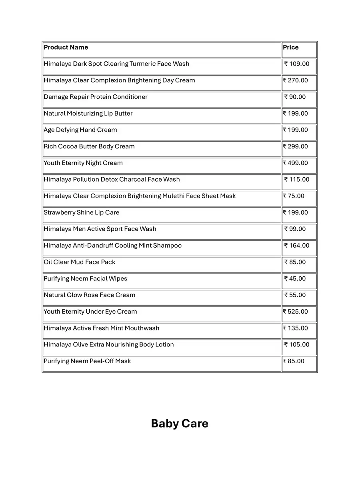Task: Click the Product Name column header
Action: [66, 48]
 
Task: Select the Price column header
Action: [291, 48]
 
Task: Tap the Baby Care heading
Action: [180, 424]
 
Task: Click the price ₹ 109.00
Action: [297, 64]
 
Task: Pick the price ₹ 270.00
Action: [296, 80]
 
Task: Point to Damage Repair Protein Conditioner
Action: [96, 97]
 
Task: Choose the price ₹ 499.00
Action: [296, 163]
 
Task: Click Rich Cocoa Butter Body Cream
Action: [89, 146]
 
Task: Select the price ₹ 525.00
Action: [296, 312]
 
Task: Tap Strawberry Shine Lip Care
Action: [82, 212]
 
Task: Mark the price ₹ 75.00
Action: [294, 196]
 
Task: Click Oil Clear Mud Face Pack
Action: [80, 262]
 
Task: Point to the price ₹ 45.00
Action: [295, 278]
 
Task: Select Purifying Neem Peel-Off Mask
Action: [87, 361]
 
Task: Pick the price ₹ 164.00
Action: [297, 246]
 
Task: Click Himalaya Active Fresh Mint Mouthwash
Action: [102, 328]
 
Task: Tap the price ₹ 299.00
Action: [296, 146]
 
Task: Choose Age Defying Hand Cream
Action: [80, 130]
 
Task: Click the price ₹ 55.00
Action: [295, 295]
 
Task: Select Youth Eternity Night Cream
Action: [83, 163]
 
